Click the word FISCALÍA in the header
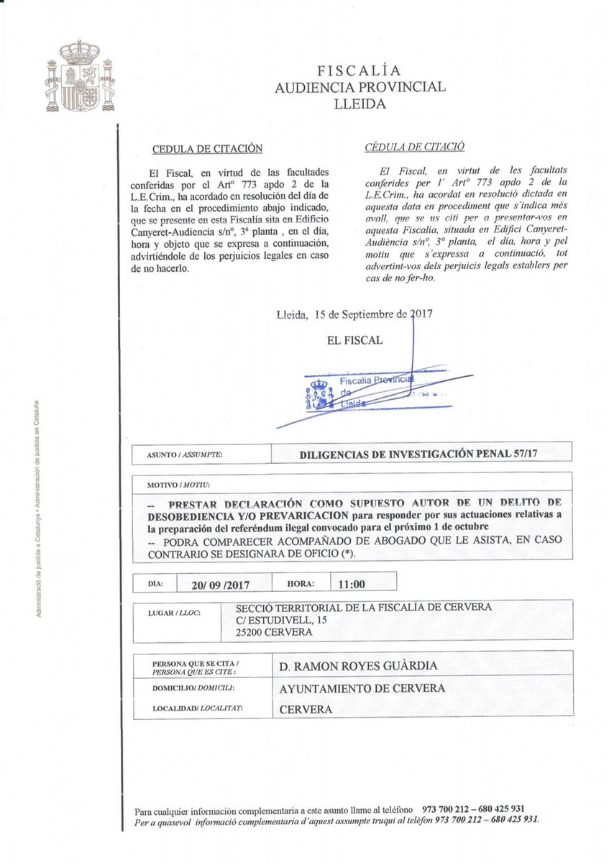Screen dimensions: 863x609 pyautogui.click(x=360, y=70)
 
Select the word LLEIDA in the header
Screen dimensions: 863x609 pyautogui.click(x=360, y=104)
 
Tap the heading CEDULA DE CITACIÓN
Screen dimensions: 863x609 pyautogui.click(x=207, y=150)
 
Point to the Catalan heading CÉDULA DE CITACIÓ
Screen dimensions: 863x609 pyautogui.click(x=415, y=146)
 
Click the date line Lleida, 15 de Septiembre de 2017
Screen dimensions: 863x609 pyautogui.click(x=354, y=314)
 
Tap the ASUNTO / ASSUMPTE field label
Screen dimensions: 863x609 pyautogui.click(x=184, y=455)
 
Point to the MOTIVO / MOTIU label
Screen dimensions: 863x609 pyautogui.click(x=174, y=487)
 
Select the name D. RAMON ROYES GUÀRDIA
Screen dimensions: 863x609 pyautogui.click(x=357, y=666)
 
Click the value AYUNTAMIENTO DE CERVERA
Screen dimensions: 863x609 pyautogui.click(x=362, y=688)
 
